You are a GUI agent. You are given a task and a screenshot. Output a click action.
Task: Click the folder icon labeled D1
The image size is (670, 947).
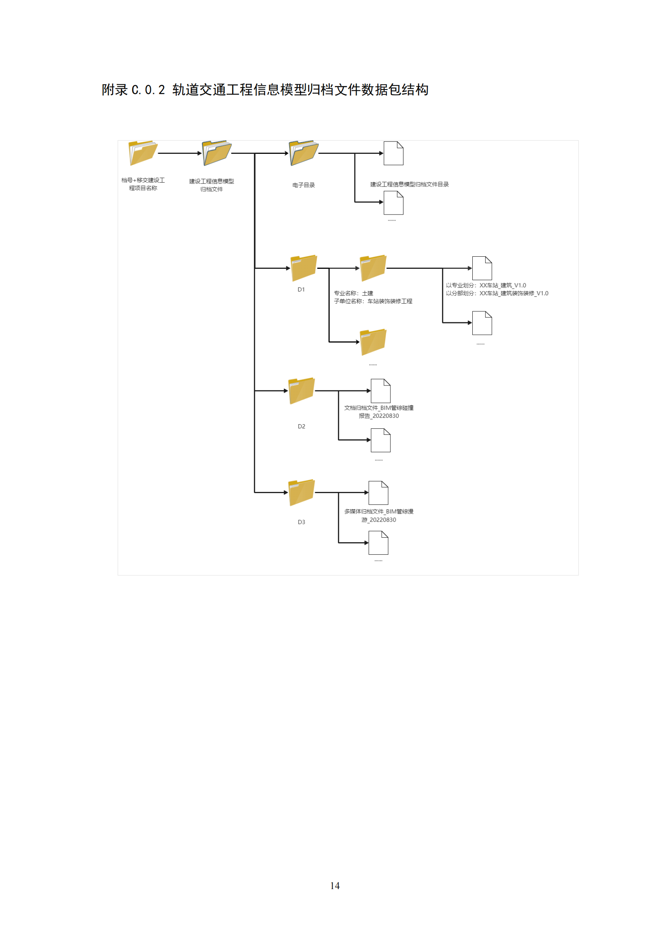(304, 268)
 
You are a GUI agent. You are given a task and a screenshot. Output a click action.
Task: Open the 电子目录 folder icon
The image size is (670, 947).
(304, 153)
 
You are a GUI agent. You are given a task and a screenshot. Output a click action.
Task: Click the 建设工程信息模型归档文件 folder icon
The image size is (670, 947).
(217, 153)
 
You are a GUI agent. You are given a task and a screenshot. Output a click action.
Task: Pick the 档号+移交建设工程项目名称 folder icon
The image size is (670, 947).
(143, 153)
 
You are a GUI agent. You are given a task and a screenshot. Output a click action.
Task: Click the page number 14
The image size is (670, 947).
(335, 885)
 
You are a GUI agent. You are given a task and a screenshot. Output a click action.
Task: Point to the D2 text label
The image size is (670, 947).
(302, 426)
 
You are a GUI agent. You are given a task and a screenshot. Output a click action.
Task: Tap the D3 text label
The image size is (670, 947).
(302, 522)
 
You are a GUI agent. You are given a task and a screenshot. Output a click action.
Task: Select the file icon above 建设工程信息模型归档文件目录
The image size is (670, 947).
(394, 153)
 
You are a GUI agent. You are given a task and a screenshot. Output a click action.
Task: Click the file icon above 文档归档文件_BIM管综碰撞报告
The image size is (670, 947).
(381, 391)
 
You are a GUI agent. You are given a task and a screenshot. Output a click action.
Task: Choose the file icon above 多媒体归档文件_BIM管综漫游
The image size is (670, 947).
(378, 493)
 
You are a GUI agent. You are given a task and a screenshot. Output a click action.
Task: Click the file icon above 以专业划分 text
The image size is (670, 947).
(482, 268)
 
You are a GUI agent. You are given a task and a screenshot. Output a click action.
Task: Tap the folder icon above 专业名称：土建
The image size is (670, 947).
(373, 268)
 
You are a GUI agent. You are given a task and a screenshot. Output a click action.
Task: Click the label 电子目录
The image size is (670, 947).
(304, 185)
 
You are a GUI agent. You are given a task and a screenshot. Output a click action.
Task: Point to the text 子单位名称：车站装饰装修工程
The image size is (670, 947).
(373, 301)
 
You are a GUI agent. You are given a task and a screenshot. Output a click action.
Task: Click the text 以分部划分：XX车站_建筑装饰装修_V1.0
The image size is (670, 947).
(497, 293)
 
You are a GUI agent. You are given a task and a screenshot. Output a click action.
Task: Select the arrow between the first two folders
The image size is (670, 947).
(180, 153)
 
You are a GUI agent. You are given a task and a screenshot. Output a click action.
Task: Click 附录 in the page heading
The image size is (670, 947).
(115, 90)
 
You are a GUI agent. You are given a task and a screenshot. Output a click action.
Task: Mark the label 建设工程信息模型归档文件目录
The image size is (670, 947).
(409, 184)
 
